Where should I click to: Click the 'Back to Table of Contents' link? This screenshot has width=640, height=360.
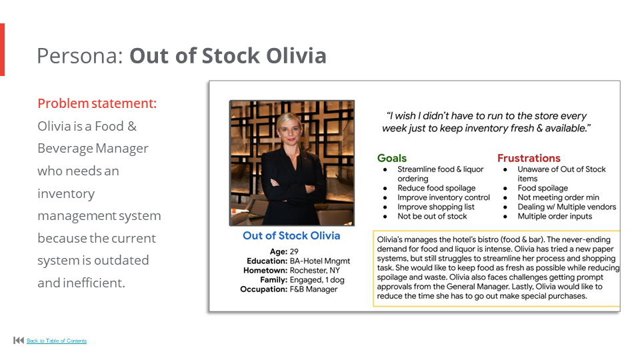[x=57, y=341]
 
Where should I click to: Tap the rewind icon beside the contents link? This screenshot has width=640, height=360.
[x=19, y=341]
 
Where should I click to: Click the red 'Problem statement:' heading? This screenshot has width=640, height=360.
[x=97, y=103]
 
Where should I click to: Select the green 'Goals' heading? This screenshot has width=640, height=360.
[x=392, y=158]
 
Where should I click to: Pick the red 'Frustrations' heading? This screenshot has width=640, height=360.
[x=529, y=158]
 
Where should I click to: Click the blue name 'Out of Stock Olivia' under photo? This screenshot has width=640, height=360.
[x=291, y=236]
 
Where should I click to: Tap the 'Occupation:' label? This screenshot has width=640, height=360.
[x=263, y=289]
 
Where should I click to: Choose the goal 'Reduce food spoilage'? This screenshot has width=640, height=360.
[x=437, y=188]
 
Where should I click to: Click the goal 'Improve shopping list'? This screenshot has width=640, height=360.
[x=436, y=207]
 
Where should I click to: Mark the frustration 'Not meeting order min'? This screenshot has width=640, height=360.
[x=559, y=197]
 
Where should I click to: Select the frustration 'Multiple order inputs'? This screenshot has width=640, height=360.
[x=555, y=216]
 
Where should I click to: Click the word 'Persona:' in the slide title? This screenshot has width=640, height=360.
[x=80, y=55]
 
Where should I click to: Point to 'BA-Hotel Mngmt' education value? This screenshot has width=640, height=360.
[x=320, y=261]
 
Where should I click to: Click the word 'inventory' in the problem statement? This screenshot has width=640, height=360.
[x=66, y=193]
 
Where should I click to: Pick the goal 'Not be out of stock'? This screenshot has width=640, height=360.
[x=432, y=216]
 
